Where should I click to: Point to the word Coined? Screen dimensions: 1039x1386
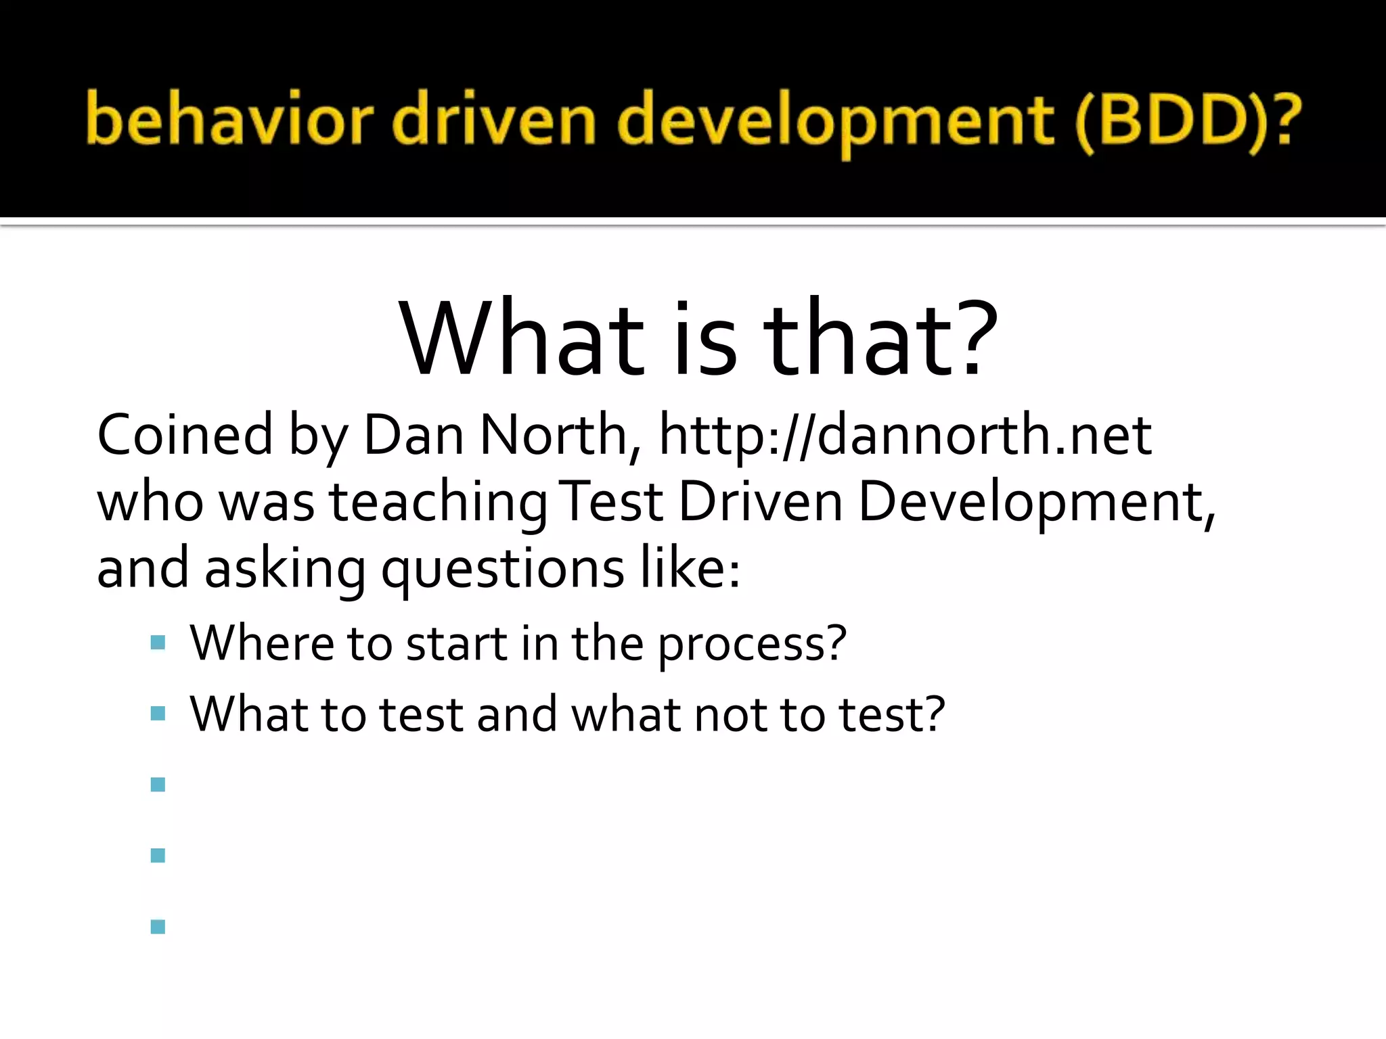tap(185, 434)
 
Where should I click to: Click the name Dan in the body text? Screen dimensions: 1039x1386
tap(413, 434)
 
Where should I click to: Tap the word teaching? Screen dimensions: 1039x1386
tap(438, 502)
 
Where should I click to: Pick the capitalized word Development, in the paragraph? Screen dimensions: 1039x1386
tap(1035, 502)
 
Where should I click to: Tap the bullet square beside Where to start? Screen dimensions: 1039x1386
tap(158, 643)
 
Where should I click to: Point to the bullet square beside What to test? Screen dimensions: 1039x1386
tap(158, 714)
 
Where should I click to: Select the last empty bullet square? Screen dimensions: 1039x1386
tap(158, 927)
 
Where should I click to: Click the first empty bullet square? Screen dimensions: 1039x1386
tap(158, 785)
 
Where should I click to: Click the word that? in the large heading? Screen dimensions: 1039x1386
tap(880, 338)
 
